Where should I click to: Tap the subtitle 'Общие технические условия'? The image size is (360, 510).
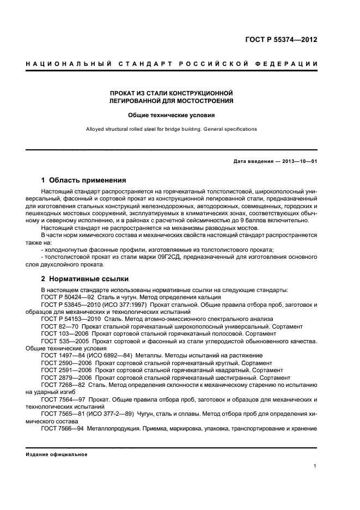(x=172, y=116)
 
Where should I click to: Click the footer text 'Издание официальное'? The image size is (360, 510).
(x=57, y=454)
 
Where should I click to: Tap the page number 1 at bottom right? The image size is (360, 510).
(x=315, y=466)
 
